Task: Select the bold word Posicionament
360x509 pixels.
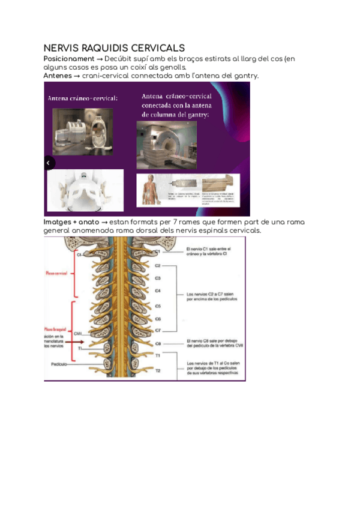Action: [x=69, y=59]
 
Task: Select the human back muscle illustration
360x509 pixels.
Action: [x=151, y=190]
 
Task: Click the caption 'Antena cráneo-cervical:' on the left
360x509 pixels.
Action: [x=83, y=98]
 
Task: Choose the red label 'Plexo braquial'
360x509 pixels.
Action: [x=56, y=330]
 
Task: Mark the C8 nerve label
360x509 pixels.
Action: [x=158, y=344]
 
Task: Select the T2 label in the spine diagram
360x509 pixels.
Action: [x=158, y=370]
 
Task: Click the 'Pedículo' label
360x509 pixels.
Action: [x=59, y=364]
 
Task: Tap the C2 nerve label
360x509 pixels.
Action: [x=158, y=265]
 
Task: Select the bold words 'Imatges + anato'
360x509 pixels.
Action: [x=72, y=222]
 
